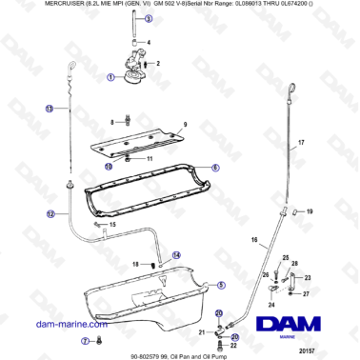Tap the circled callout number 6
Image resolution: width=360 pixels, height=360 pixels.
pyautogui.click(x=215, y=167)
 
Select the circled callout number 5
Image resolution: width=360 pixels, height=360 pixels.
pyautogui.click(x=222, y=283)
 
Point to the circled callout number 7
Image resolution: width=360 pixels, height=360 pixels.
pyautogui.click(x=85, y=340)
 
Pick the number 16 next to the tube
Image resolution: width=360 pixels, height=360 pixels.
pyautogui.click(x=254, y=240)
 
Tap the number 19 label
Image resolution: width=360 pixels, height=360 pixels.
pyautogui.click(x=310, y=210)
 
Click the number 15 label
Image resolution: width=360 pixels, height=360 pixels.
pyautogui.click(x=112, y=225)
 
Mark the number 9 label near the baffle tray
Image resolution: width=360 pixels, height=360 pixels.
pyautogui.click(x=185, y=126)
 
